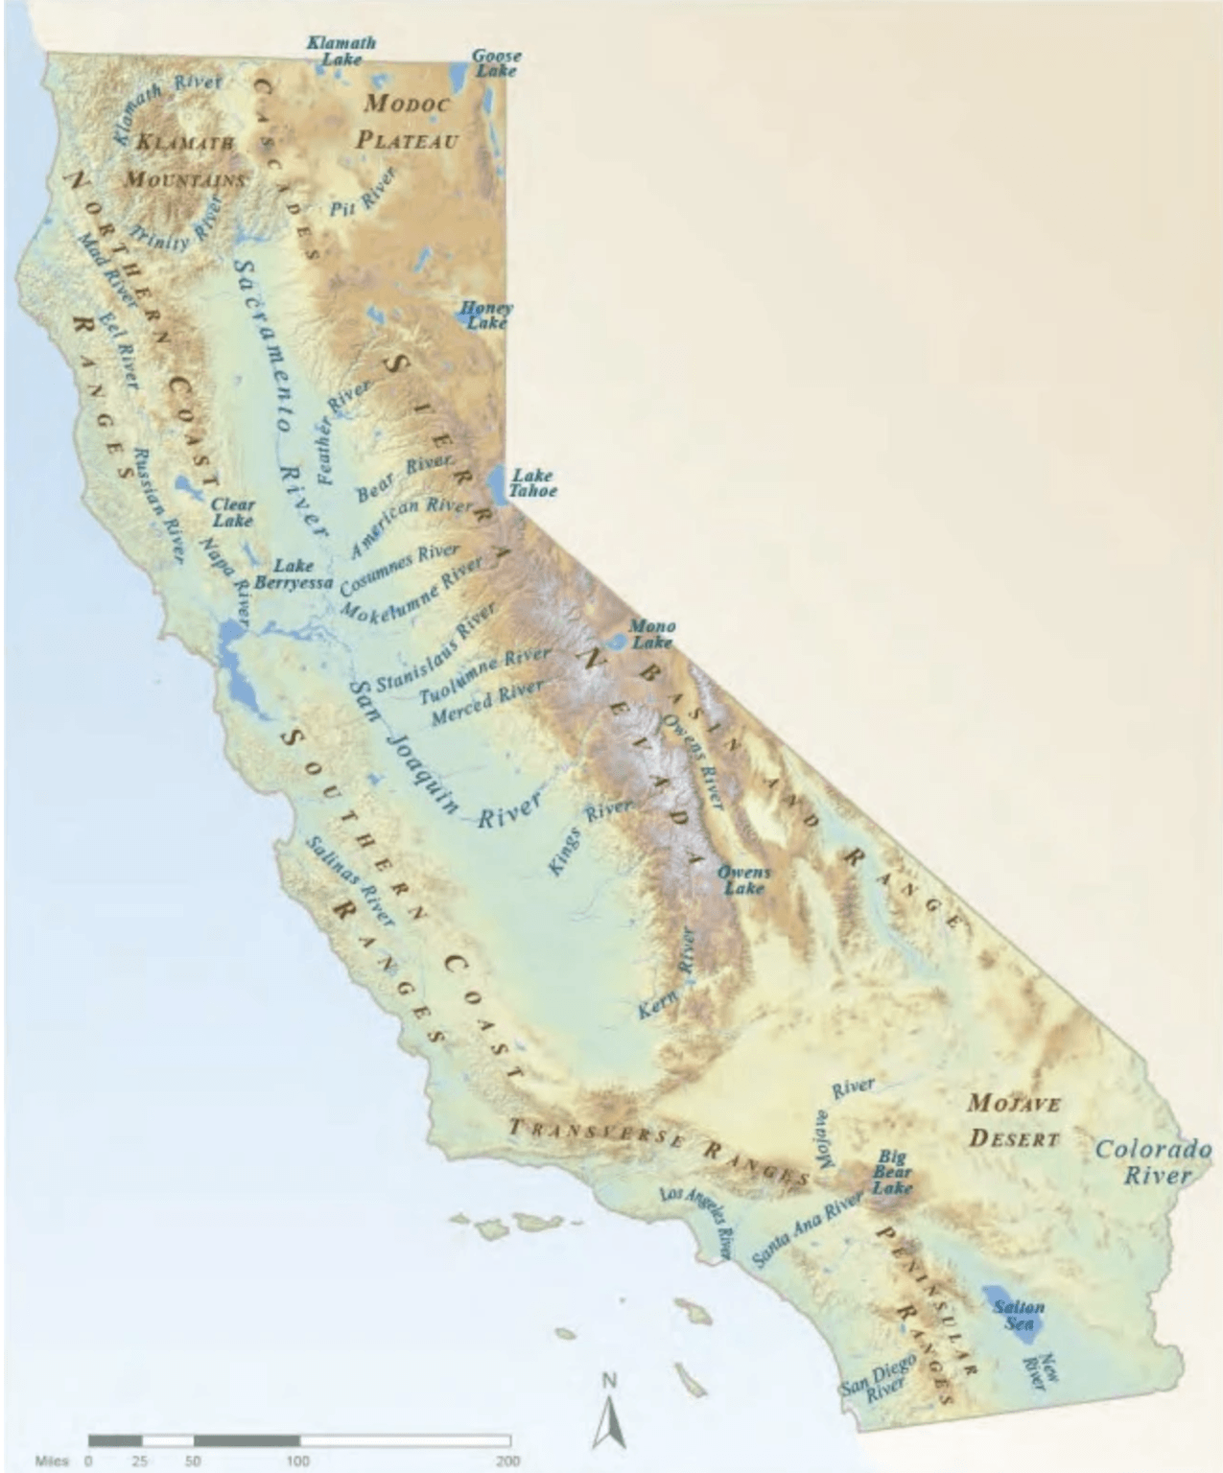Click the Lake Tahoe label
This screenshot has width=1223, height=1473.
pyautogui.click(x=532, y=482)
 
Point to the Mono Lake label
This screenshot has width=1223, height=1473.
pyautogui.click(x=651, y=634)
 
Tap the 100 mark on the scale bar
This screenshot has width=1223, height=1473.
pyautogui.click(x=297, y=1461)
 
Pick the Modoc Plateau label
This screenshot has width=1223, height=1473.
pyautogui.click(x=408, y=122)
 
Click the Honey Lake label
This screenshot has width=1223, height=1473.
pyautogui.click(x=486, y=316)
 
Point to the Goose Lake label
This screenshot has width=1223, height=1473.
pyautogui.click(x=496, y=63)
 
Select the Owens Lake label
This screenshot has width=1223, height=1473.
pyautogui.click(x=743, y=880)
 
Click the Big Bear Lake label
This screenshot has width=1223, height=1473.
pyautogui.click(x=891, y=1172)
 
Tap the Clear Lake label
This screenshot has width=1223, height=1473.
pyautogui.click(x=233, y=512)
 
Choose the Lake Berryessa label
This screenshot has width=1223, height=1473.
pyautogui.click(x=293, y=573)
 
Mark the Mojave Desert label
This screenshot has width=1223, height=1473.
pyautogui.click(x=1014, y=1120)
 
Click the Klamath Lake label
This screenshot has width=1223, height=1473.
pyautogui.click(x=341, y=50)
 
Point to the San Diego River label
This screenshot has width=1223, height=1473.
pyautogui.click(x=879, y=1379)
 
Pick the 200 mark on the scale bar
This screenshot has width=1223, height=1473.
pyautogui.click(x=507, y=1461)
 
